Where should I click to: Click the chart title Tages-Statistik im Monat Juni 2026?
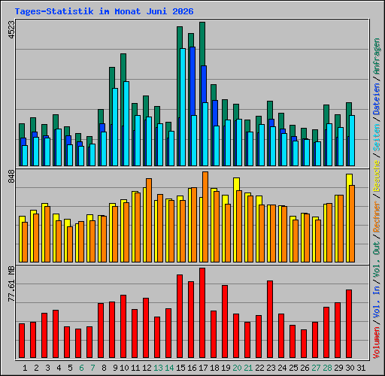pyautogui.click(x=104, y=11)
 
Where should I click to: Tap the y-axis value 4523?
pyautogui.click(x=11, y=30)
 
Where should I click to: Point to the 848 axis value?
pyautogui.click(x=11, y=176)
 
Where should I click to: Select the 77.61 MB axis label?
pyautogui.click(x=11, y=284)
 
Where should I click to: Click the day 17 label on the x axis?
pyautogui.click(x=203, y=368)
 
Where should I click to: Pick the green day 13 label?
pyautogui.click(x=158, y=368)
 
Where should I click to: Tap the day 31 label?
pyautogui.click(x=361, y=368)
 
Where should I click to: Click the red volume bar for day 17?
pyautogui.click(x=202, y=313)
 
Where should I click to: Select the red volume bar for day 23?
pyautogui.click(x=270, y=319)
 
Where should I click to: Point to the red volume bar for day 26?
pyautogui.click(x=304, y=344)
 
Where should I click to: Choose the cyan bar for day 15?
pyautogui.click(x=183, y=107)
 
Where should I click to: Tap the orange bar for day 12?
pyautogui.click(x=149, y=220)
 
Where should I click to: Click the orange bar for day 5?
pyautogui.click(x=70, y=244)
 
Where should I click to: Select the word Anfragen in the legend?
pyautogui.click(x=377, y=56)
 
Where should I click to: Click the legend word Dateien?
pyautogui.click(x=377, y=99)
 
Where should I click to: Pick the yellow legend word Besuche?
pyautogui.click(x=377, y=176)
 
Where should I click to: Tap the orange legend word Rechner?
pyautogui.click(x=377, y=217)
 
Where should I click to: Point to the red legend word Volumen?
pyautogui.click(x=377, y=342)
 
